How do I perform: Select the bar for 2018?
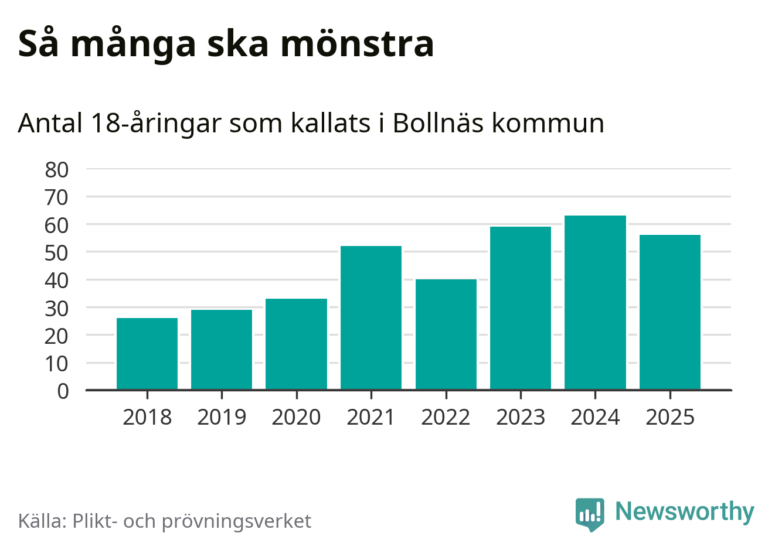(147, 354)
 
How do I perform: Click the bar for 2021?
(371, 317)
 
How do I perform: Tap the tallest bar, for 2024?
(595, 302)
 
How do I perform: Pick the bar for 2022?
(446, 334)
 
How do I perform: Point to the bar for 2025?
(670, 312)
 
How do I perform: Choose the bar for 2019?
(222, 350)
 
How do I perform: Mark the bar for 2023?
(521, 308)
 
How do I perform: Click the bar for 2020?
(296, 344)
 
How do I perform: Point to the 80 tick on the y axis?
(57, 170)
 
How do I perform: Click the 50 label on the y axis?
(57, 253)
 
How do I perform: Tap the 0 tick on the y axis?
(63, 391)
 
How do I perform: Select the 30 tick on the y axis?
(57, 308)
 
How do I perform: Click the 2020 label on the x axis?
(296, 418)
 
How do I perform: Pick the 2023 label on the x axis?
(521, 418)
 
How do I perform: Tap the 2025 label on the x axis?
(670, 418)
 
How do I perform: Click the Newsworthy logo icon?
(589, 514)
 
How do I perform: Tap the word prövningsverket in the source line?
(236, 521)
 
